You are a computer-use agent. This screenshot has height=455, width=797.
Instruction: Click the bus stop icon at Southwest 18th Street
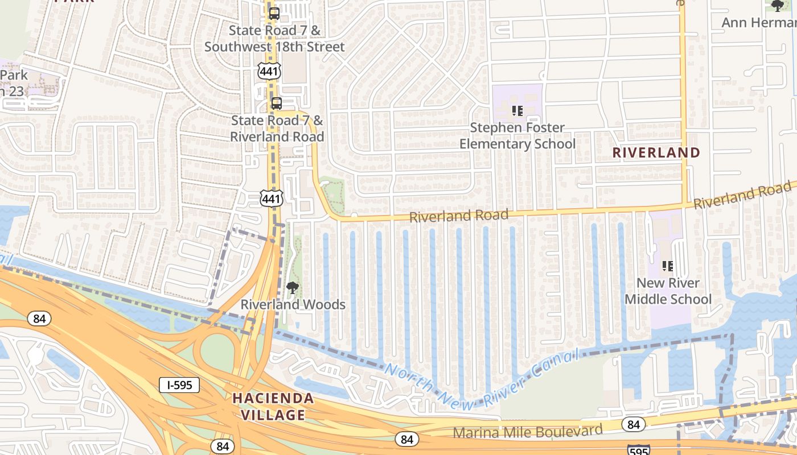point(274,14)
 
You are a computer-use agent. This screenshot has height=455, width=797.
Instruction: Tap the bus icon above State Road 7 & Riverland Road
point(276,104)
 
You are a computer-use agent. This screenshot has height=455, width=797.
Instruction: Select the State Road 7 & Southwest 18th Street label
point(274,39)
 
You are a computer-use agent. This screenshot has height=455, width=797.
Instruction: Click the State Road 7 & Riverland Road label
point(277,129)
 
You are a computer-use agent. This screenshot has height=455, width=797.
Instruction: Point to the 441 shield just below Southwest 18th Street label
point(268,71)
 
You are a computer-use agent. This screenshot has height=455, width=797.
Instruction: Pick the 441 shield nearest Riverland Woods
point(271,198)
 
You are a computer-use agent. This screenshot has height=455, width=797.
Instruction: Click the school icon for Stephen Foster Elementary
point(517,110)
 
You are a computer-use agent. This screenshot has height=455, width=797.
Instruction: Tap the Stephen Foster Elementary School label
point(517,136)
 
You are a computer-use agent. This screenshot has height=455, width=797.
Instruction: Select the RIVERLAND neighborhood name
point(656,152)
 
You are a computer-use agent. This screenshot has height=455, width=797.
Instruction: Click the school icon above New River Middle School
point(668,266)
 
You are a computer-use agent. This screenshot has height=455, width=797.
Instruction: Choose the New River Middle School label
point(668,291)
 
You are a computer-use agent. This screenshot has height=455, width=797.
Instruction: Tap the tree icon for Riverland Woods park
point(293,288)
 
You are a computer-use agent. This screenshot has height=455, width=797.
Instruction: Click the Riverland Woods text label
point(293,305)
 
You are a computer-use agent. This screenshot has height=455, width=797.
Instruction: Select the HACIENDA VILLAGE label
point(273,407)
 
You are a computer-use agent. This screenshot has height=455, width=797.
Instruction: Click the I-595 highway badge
point(179,385)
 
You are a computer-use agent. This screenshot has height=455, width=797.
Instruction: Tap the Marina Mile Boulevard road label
point(527,432)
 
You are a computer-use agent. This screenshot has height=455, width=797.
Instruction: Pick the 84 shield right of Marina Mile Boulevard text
point(633,424)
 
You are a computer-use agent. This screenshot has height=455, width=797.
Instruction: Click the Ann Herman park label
point(759,23)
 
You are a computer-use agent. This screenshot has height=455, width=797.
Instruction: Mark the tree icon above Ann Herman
point(777,6)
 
